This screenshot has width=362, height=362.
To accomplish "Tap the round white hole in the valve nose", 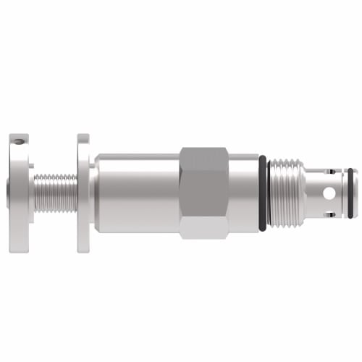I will click(x=329, y=194).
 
